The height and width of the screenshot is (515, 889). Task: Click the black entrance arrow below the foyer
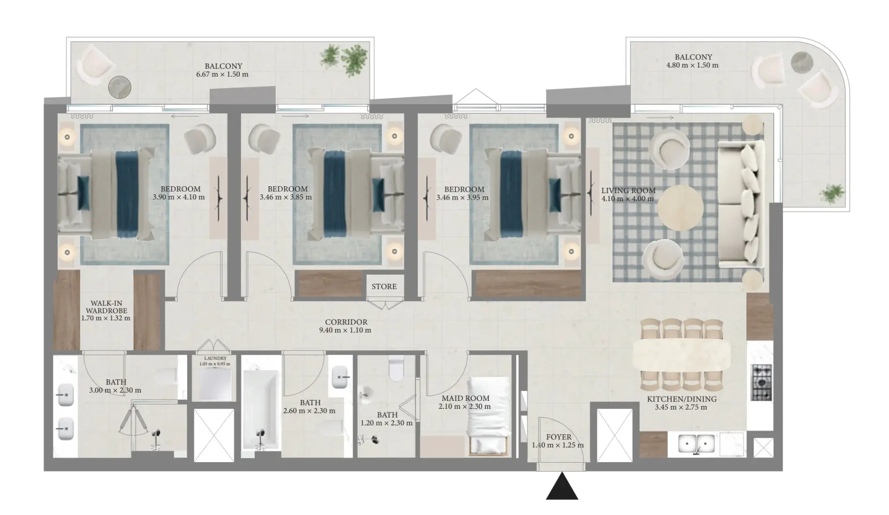[x=562, y=487]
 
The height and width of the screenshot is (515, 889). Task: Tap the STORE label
[x=384, y=287]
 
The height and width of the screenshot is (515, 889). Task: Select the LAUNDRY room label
[x=215, y=358]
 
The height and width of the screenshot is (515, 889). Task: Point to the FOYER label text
[x=558, y=437]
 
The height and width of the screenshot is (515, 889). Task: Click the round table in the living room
[x=680, y=207]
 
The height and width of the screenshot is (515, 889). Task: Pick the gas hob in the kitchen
[x=761, y=383]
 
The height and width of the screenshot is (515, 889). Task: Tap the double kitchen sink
[x=697, y=444]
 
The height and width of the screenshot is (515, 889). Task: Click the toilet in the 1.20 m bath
[x=397, y=368]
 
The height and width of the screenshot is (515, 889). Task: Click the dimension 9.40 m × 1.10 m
[x=345, y=330]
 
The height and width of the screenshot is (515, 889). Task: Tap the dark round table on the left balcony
[x=120, y=87]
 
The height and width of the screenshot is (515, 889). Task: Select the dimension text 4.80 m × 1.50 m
[x=692, y=65]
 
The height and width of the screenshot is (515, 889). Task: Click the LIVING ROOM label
[x=628, y=191]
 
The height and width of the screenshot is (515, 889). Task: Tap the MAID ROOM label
[x=465, y=398]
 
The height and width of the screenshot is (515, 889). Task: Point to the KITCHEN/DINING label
[x=682, y=399]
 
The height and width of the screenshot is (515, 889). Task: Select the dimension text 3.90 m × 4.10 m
[x=178, y=197]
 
